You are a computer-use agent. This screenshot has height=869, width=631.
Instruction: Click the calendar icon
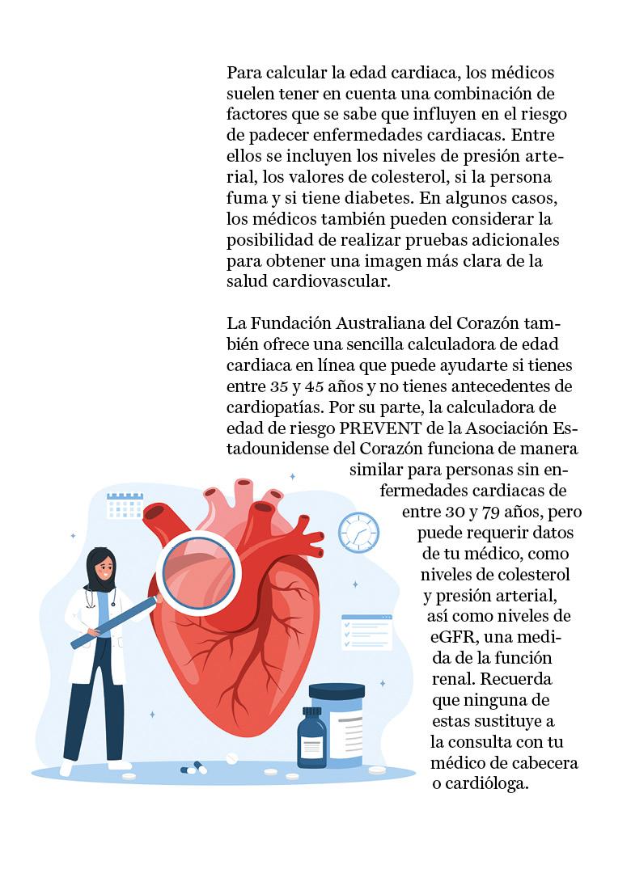[125, 505]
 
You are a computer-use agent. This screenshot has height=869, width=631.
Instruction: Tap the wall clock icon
[358, 532]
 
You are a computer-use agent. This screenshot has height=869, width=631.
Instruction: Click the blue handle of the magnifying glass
[113, 622]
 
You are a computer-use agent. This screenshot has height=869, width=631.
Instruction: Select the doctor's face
[102, 565]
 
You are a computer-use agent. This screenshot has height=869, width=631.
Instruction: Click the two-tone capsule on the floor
[194, 768]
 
